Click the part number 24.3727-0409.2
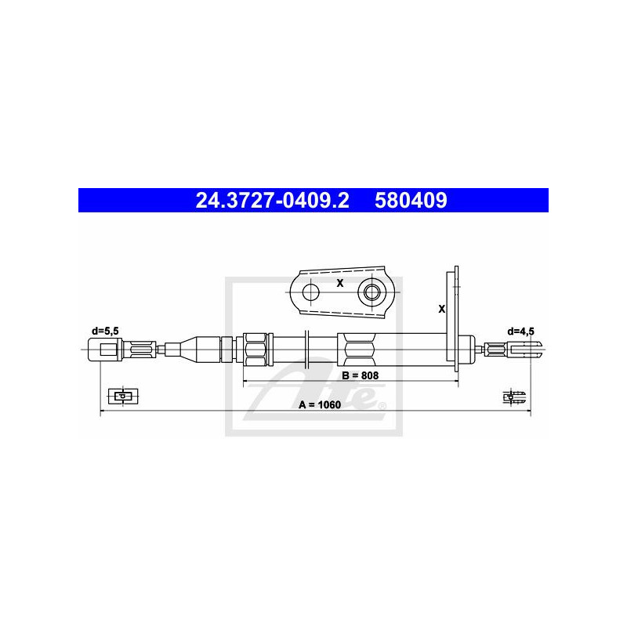tap(272, 201)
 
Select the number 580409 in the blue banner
tap(411, 201)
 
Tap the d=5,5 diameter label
tap(105, 331)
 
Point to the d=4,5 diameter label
tap(520, 332)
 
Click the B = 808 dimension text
tap(361, 375)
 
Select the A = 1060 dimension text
tap(320, 404)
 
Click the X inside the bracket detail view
tap(340, 283)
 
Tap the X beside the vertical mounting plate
tap(441, 309)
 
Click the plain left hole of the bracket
tap(310, 292)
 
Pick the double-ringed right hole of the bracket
tap(371, 292)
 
